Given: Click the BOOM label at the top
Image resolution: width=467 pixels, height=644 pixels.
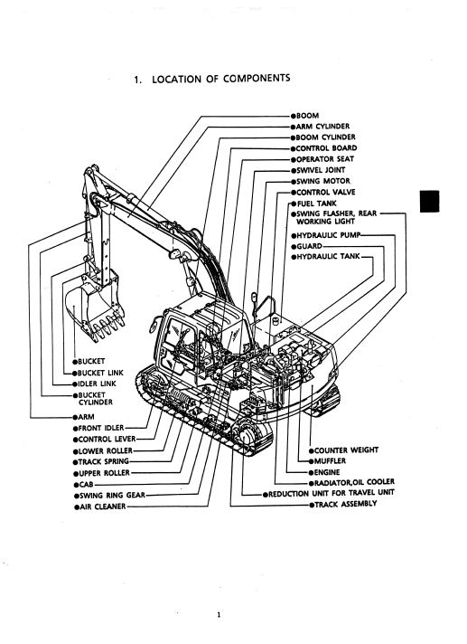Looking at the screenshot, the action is pos(307,116).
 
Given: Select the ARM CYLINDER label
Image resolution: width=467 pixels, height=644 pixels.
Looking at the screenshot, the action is pos(322,127).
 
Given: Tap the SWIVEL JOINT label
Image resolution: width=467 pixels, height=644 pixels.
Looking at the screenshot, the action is pos(321,170).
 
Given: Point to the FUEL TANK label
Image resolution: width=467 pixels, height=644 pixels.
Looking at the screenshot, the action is pos(316,204).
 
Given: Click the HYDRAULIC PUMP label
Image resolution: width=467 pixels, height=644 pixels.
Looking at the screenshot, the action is pos(328,235).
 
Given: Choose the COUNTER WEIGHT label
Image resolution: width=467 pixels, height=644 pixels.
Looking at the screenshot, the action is pos(346,450).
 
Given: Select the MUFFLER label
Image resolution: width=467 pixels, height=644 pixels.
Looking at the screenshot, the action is pos(330,461).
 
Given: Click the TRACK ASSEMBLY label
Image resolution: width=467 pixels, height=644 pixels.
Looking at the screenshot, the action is pos(345,504).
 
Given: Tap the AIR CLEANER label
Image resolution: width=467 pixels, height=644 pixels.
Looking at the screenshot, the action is pos(102,507).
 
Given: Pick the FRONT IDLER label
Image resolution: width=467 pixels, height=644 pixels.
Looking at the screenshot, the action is pos(101,428).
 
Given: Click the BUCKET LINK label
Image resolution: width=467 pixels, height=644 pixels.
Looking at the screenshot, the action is pos(100,374).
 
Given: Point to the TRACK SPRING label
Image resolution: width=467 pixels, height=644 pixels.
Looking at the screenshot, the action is pos(103,461).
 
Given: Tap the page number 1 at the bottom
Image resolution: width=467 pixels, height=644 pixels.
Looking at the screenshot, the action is pos(219,615).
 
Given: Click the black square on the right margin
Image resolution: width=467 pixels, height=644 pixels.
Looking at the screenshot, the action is pos(429,201).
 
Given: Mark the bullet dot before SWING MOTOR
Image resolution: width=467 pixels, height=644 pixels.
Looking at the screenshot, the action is pos(294,182).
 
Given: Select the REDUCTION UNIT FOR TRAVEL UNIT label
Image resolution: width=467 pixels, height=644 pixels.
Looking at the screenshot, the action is pos(332,493).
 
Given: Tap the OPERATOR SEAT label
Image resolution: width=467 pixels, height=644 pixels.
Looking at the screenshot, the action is pos(324,159).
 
